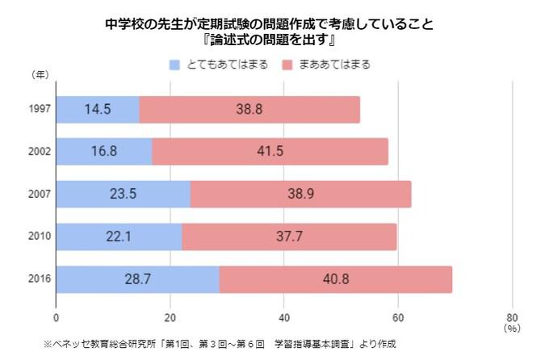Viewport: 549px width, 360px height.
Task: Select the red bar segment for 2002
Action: [270, 151]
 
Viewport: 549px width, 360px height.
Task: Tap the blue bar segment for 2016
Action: [137, 278]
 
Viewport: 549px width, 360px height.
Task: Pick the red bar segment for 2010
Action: [289, 236]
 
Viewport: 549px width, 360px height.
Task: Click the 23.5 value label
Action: [123, 194]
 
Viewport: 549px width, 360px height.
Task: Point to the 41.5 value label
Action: [270, 151]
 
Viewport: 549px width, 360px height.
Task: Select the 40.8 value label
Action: [335, 278]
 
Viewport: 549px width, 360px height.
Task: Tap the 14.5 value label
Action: [98, 108]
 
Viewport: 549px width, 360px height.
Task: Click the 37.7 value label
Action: [289, 236]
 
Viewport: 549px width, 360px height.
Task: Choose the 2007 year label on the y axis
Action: [40, 194]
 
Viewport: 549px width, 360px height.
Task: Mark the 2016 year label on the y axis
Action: [40, 278]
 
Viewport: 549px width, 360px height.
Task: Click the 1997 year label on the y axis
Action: [40, 108]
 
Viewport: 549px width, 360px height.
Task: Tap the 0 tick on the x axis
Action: [57, 317]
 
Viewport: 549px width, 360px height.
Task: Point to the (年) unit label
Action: [40, 75]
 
